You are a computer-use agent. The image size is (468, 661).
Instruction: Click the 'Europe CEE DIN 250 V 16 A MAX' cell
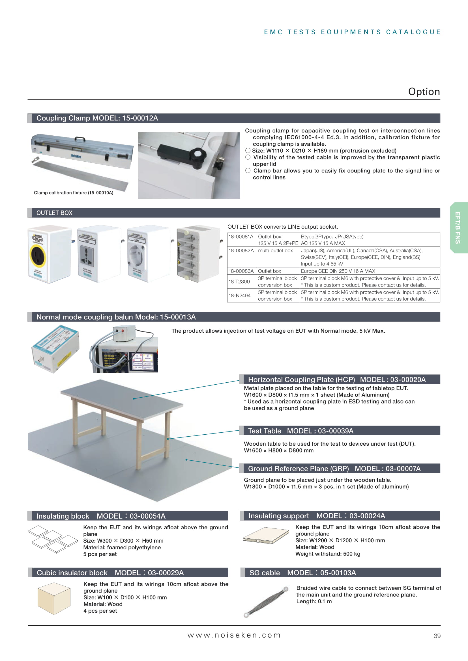point(338,271)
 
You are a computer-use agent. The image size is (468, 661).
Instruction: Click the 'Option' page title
point(424,92)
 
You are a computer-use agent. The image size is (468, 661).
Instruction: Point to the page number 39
point(437,636)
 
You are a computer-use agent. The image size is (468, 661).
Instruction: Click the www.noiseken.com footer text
point(234,635)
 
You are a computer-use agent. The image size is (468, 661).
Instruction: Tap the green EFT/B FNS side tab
point(458,228)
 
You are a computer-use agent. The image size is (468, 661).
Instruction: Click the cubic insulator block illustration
point(54,599)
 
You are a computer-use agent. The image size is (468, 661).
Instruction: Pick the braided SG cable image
point(266,602)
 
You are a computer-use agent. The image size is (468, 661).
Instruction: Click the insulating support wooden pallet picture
point(266,535)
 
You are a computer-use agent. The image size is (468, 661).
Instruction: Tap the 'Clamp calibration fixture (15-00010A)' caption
point(74,193)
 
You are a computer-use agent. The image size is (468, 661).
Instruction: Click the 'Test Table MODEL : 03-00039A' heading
point(300,431)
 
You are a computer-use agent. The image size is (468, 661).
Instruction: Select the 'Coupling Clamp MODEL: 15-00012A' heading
point(97,118)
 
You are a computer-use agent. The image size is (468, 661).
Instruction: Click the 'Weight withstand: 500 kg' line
point(328,554)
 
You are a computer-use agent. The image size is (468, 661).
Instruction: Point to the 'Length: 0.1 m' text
point(314,601)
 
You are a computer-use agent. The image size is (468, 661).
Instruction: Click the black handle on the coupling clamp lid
point(80,139)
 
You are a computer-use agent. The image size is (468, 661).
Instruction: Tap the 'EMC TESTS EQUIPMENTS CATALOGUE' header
point(352,32)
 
